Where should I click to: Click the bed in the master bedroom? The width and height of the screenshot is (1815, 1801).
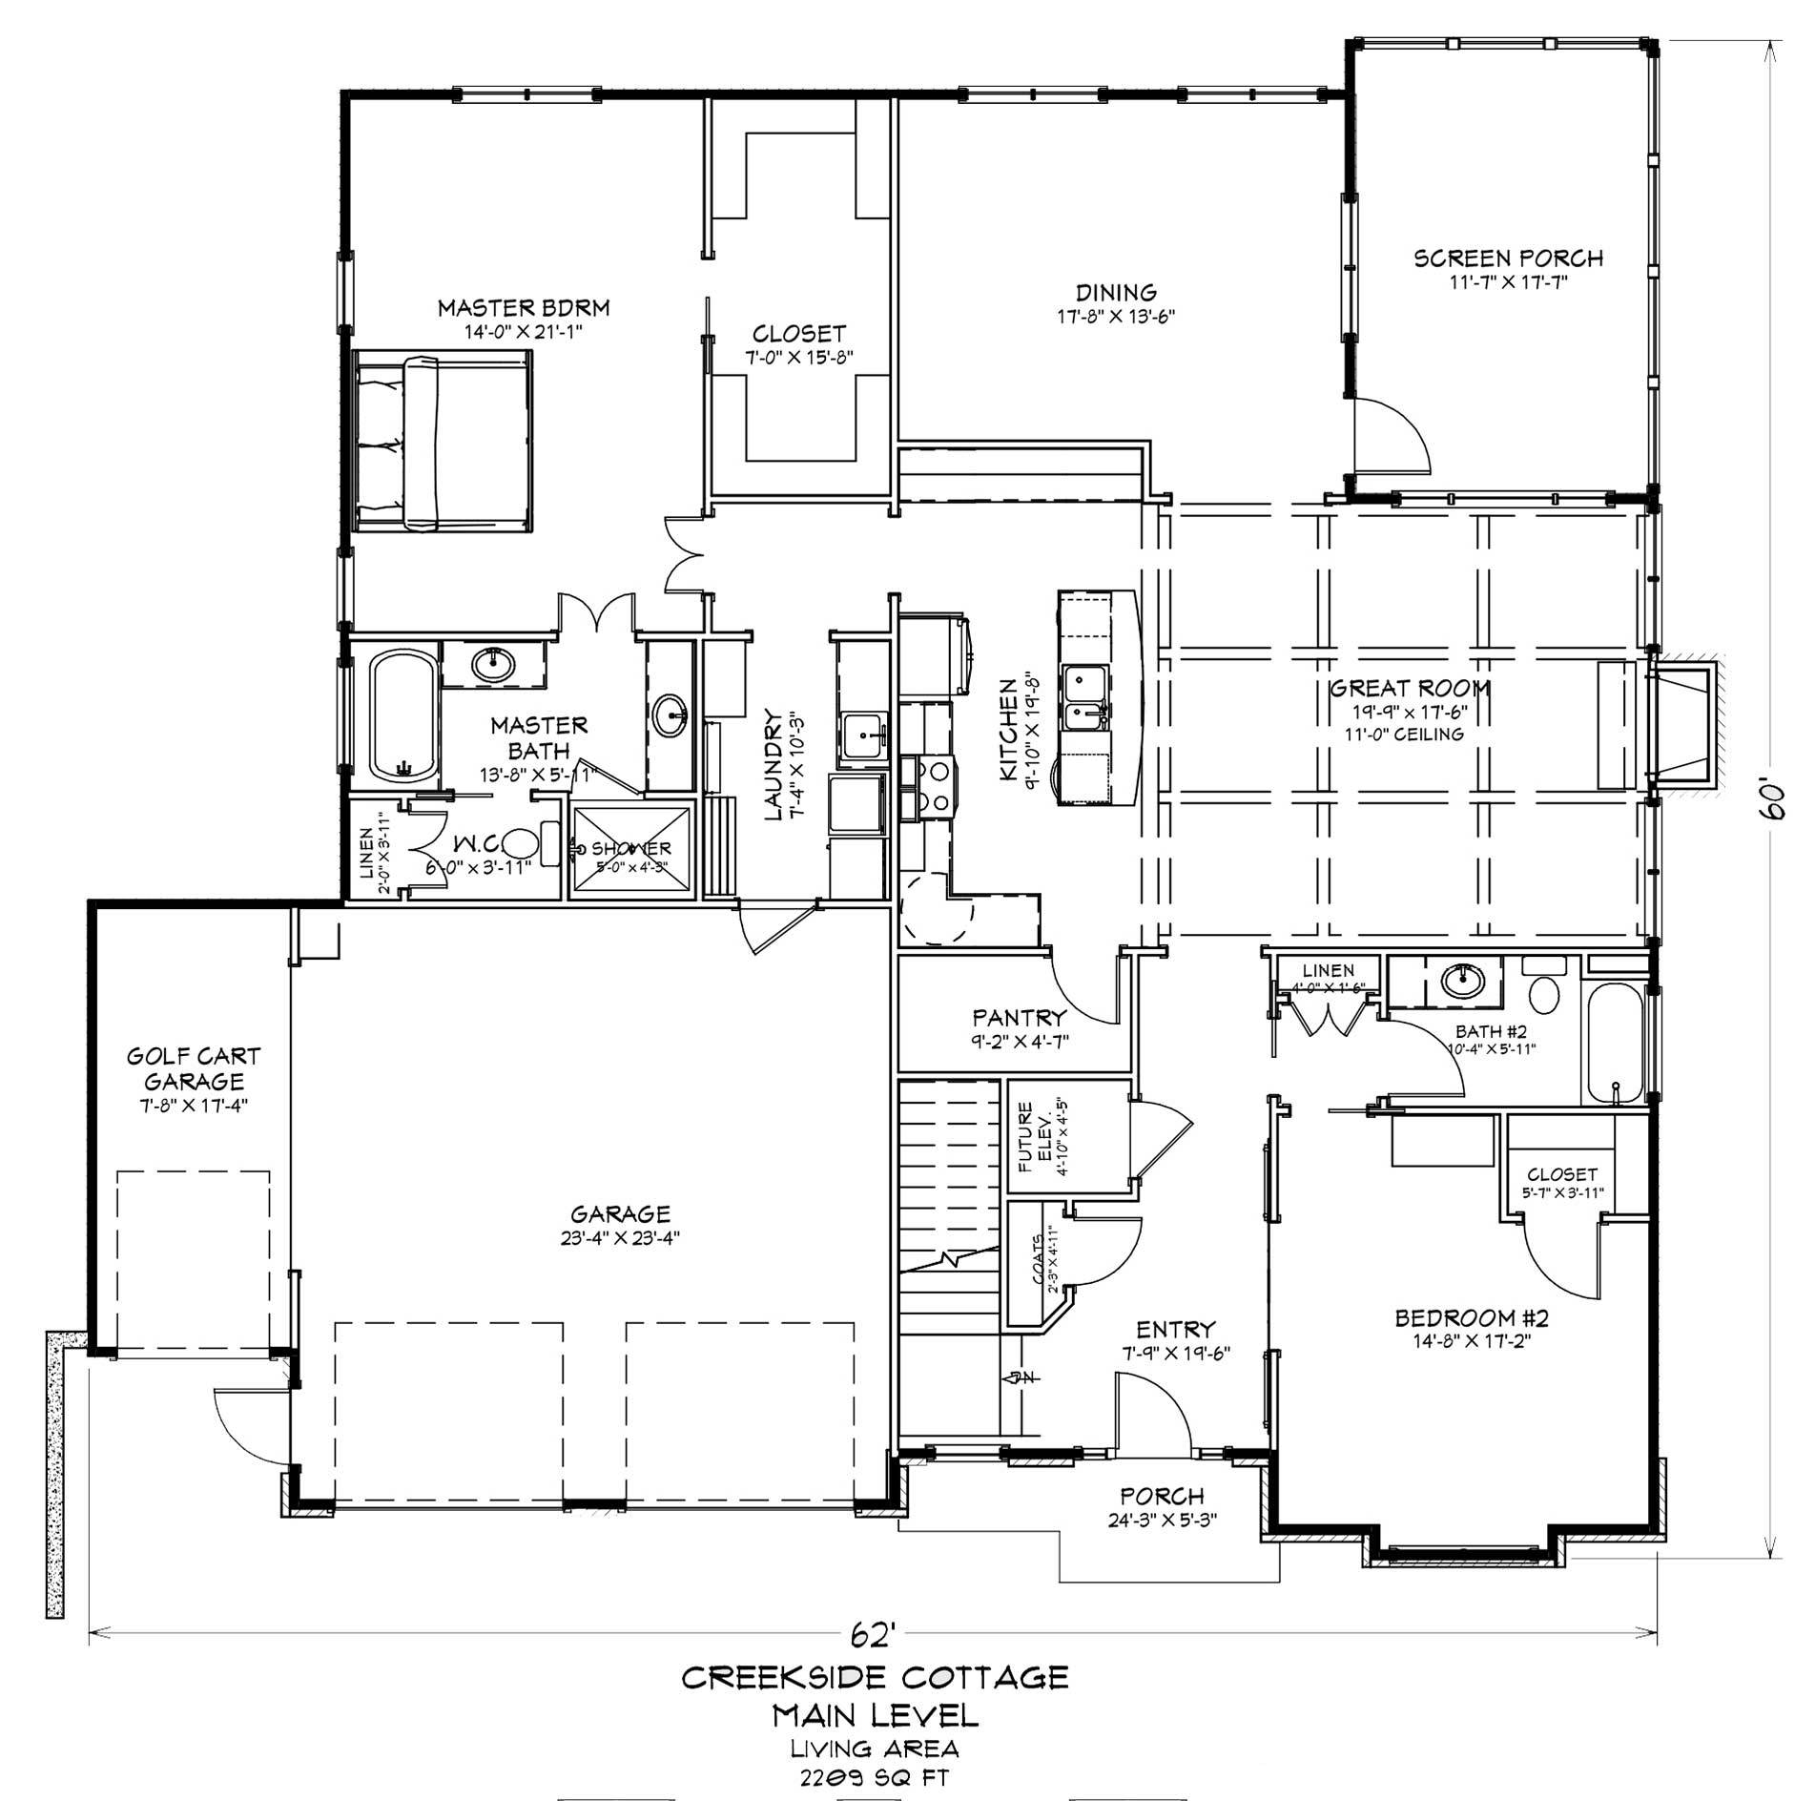442,440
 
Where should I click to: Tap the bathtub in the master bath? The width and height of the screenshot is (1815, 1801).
402,715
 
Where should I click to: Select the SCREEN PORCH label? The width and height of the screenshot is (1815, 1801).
1508,259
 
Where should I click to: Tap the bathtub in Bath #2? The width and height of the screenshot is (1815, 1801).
1613,1045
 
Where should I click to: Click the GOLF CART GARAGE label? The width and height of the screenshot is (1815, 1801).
194,1068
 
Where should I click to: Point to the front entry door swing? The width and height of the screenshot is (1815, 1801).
1154,1414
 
